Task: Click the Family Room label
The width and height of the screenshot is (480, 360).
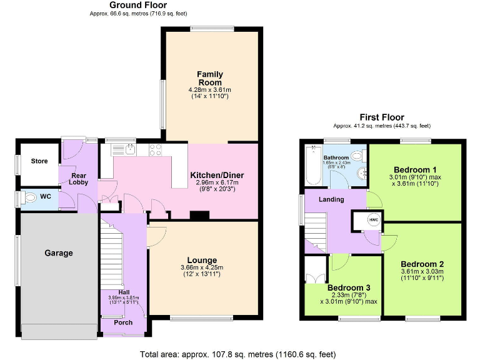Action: (x=210, y=79)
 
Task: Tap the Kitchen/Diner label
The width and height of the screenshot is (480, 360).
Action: (x=217, y=175)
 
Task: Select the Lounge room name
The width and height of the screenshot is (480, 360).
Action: (x=202, y=260)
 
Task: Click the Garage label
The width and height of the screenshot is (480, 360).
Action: (x=58, y=253)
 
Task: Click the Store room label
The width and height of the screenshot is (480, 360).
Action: (x=39, y=161)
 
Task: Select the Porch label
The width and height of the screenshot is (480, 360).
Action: (x=122, y=323)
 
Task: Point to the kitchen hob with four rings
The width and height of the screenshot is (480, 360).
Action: (x=155, y=149)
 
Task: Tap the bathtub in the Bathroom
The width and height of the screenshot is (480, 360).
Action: (x=312, y=165)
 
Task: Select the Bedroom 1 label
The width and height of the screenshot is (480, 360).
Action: (x=415, y=170)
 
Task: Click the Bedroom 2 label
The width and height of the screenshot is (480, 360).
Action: (x=422, y=263)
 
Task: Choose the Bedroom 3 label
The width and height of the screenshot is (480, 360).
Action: (x=349, y=287)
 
